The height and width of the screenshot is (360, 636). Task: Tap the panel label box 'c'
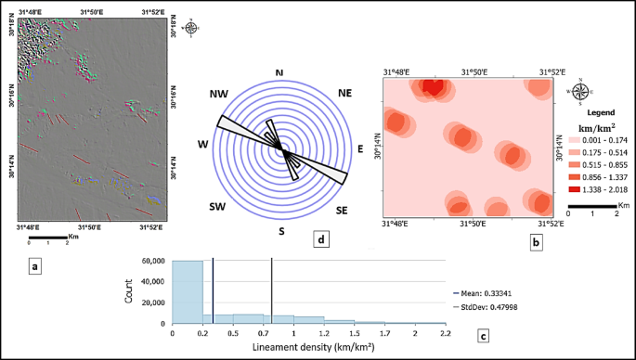point(483,334)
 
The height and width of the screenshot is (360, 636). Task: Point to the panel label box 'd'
point(320,241)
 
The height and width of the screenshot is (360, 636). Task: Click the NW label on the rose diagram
point(220,94)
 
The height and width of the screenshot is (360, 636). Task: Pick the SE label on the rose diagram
point(343,211)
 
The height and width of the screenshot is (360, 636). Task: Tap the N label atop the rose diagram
point(281,71)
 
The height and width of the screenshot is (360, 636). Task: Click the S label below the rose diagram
point(281,231)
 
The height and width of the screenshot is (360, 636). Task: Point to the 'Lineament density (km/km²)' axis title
point(308,348)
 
